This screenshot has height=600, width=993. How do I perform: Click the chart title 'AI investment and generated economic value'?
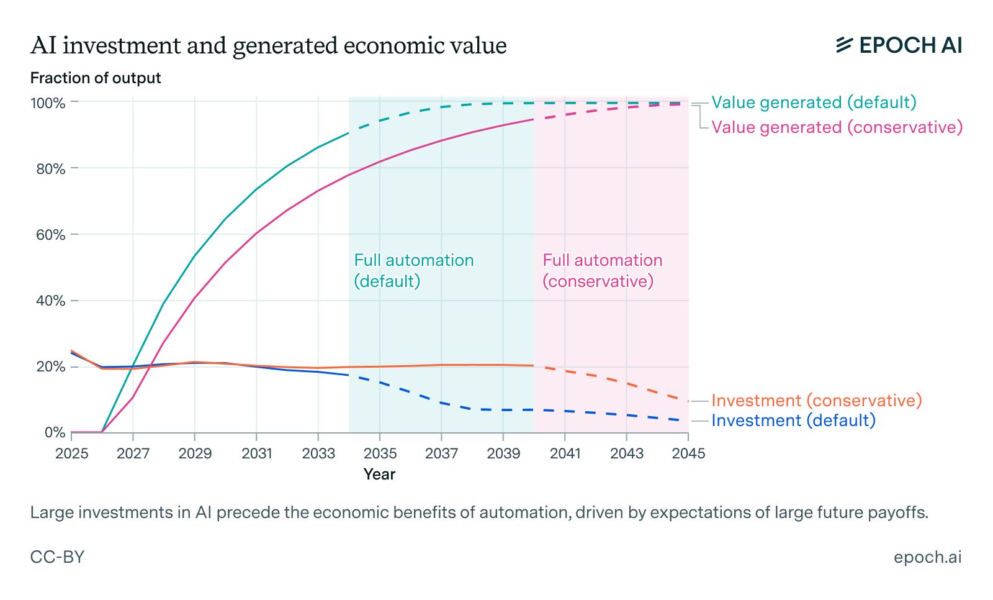point(268,46)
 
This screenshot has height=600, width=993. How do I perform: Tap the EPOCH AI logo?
point(899,45)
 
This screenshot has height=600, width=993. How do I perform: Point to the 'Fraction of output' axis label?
point(96,78)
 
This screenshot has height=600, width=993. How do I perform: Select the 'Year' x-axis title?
point(379,475)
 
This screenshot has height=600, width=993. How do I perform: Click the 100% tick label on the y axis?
point(48,103)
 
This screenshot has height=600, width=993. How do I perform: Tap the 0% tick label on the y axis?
point(55,432)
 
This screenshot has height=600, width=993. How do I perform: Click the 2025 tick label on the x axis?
point(72,454)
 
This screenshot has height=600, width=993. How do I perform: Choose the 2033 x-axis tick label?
point(318,454)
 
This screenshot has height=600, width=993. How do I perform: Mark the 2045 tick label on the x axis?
point(688,454)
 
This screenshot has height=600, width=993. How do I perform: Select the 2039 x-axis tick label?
point(503,454)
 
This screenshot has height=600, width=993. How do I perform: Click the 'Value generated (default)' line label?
point(814,102)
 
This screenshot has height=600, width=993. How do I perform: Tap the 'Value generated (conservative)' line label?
point(837,127)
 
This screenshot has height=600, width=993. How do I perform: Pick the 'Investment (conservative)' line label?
point(816,401)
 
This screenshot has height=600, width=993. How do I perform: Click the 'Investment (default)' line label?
point(793,420)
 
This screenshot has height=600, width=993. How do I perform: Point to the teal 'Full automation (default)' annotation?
point(413,271)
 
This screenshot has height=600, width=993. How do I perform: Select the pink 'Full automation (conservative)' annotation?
point(602,271)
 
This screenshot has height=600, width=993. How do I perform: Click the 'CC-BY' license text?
point(57,557)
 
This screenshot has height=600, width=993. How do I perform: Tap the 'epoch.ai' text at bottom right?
point(927,557)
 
